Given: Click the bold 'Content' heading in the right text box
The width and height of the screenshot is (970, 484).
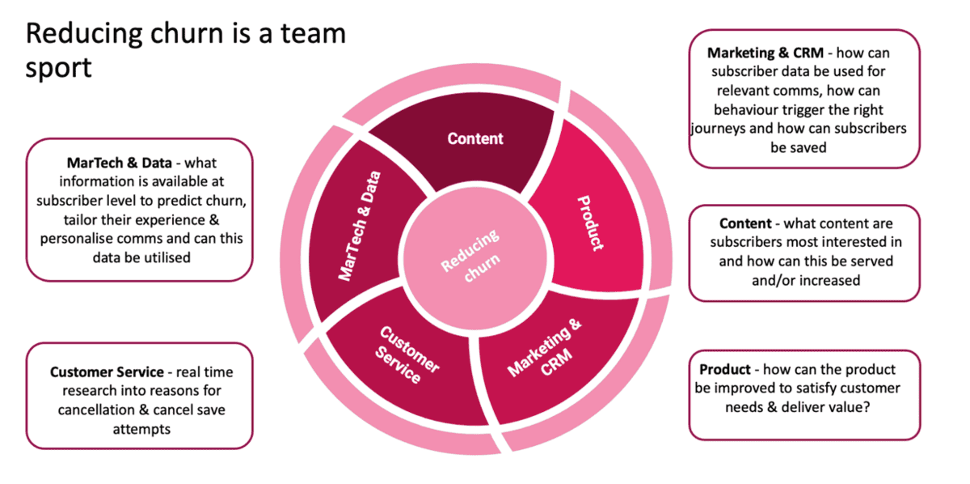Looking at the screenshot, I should pyautogui.click(x=744, y=223).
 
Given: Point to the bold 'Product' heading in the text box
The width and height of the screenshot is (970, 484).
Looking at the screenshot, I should pyautogui.click(x=725, y=369).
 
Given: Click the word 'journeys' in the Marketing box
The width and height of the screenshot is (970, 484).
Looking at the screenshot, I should pyautogui.click(x=719, y=129).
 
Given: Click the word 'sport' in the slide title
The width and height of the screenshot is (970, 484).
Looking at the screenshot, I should pyautogui.click(x=59, y=67).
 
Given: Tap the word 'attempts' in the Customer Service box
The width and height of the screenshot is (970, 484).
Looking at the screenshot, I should pyautogui.click(x=141, y=429).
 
